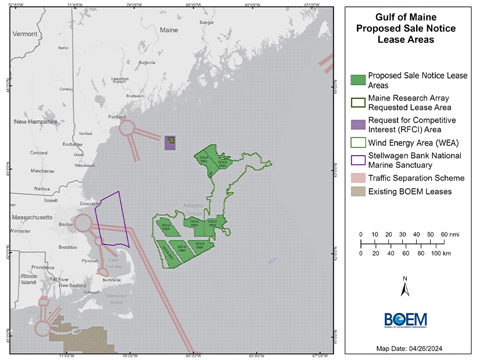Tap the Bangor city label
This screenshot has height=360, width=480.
(206, 23)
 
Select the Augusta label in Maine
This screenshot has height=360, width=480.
(147, 62)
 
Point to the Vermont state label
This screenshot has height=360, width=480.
(25, 34)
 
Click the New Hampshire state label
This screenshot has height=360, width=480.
(35, 122)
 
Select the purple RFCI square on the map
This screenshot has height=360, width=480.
(170, 143)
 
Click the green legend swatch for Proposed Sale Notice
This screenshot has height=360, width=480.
(358, 80)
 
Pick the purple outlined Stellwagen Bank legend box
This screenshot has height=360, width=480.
(358, 160)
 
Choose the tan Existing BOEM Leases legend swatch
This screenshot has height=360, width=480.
(358, 192)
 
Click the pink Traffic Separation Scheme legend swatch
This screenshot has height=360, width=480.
(358, 178)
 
